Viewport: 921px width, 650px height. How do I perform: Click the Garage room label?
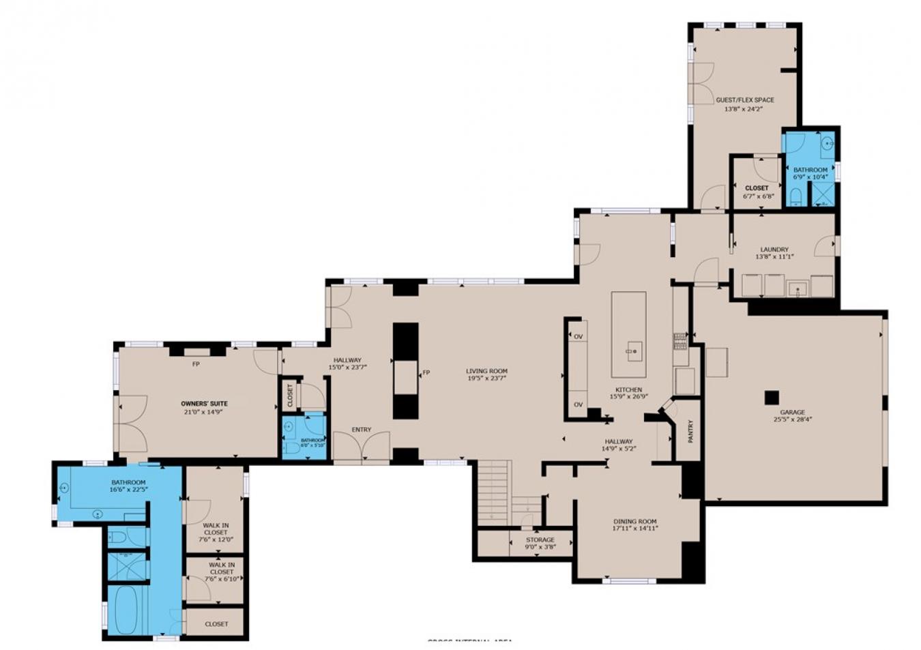pyautogui.click(x=792, y=412)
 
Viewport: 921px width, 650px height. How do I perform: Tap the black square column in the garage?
pyautogui.click(x=772, y=398)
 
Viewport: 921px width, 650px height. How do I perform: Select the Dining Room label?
pyautogui.click(x=634, y=522)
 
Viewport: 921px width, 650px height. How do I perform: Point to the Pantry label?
pyautogui.click(x=690, y=431)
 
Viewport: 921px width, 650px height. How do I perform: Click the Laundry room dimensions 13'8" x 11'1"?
pyautogui.click(x=774, y=257)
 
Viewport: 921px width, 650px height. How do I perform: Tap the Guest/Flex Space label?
pyautogui.click(x=744, y=100)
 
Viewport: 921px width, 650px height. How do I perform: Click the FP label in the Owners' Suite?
pyautogui.click(x=196, y=364)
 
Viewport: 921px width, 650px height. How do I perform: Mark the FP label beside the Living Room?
pyautogui.click(x=426, y=372)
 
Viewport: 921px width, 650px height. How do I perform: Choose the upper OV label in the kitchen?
pyautogui.click(x=578, y=337)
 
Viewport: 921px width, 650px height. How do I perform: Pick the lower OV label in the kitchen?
pyautogui.click(x=578, y=404)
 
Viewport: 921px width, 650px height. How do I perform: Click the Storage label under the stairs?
pyautogui.click(x=540, y=540)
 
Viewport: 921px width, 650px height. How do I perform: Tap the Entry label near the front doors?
pyautogui.click(x=361, y=430)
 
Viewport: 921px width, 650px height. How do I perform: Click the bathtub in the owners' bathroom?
pyautogui.click(x=126, y=610)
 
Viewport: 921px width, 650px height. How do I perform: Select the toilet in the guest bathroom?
pyautogui.click(x=795, y=197)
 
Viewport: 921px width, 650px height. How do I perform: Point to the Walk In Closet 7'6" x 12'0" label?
pyautogui.click(x=215, y=529)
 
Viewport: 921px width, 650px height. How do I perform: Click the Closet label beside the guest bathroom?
pyautogui.click(x=756, y=188)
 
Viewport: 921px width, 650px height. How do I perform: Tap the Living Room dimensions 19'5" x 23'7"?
pyautogui.click(x=487, y=379)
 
